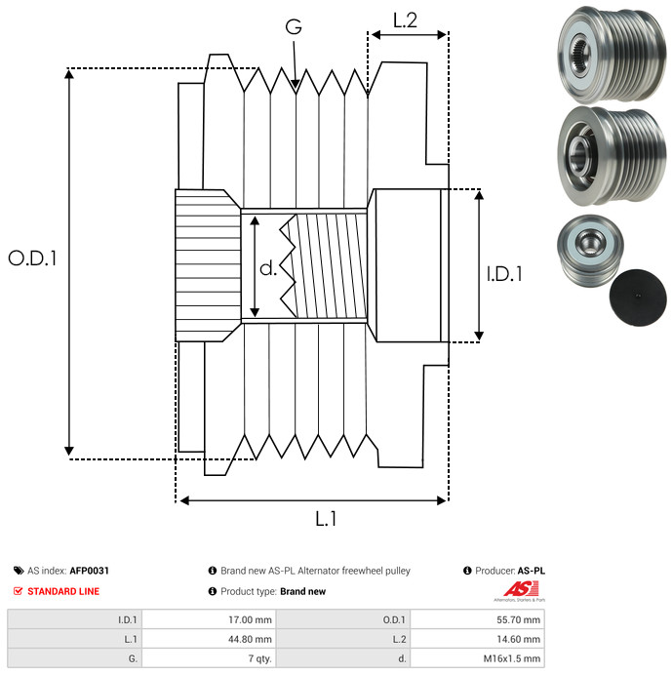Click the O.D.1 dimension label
click(x=34, y=259)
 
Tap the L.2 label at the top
click(x=405, y=20)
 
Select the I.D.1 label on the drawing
click(x=504, y=275)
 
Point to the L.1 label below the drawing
click(x=326, y=520)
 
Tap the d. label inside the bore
click(x=268, y=268)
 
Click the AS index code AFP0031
click(x=90, y=571)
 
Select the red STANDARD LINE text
click(x=62, y=591)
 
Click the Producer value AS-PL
click(x=531, y=571)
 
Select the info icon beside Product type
click(x=212, y=591)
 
